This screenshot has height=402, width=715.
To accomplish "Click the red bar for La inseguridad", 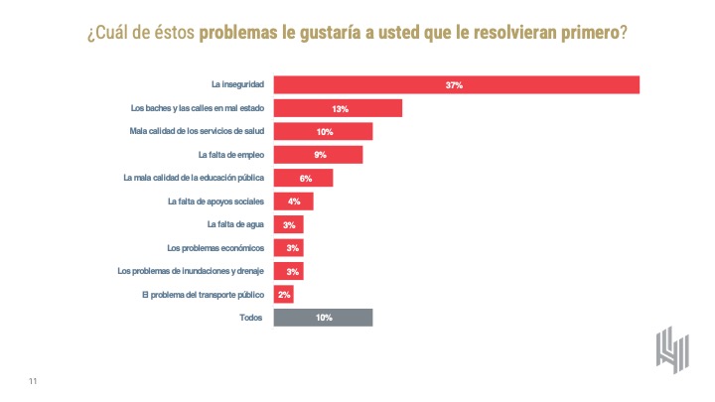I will pos(456,85).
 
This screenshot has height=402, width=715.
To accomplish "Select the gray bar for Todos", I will pos(323,318).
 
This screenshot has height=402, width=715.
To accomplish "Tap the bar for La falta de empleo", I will pos(318,155).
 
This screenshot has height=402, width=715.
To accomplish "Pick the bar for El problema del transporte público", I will pos(283,295).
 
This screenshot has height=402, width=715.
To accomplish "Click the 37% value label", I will pos(455,85).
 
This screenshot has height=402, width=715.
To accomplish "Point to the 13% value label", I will pos(340,108).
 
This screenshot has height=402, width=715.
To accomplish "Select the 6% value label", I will pos(306,179).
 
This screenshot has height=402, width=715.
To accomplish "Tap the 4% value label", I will pos(294,201).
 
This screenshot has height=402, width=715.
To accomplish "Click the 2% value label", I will pos(284,295).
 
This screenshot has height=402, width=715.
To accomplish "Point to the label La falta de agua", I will pos(235,224).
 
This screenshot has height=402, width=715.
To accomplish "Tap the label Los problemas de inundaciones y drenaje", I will pos(191,271).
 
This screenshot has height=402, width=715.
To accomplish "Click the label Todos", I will pos(252,318).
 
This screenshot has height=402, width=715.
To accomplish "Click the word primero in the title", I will pos(585,33).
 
